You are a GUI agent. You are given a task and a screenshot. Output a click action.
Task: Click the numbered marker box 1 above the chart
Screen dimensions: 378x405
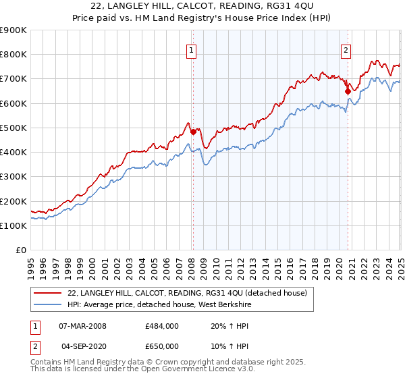pyautogui.click(x=192, y=50)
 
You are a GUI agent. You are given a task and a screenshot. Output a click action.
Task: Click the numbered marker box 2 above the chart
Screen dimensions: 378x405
pyautogui.click(x=346, y=50)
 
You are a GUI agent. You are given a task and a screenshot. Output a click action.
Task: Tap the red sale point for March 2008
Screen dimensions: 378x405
pyautogui.click(x=193, y=132)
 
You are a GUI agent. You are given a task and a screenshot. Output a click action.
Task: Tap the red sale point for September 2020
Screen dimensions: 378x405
pyautogui.click(x=348, y=91)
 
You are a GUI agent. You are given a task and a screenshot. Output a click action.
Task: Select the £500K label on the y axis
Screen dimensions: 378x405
pyautogui.click(x=13, y=128)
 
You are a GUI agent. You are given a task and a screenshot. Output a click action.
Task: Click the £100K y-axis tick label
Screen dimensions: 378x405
pyautogui.click(x=13, y=225)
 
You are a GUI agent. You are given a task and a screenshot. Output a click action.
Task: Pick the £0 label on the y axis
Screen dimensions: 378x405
pyautogui.click(x=22, y=250)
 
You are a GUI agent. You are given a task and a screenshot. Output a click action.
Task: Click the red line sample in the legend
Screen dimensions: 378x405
pyautogui.click(x=49, y=293)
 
